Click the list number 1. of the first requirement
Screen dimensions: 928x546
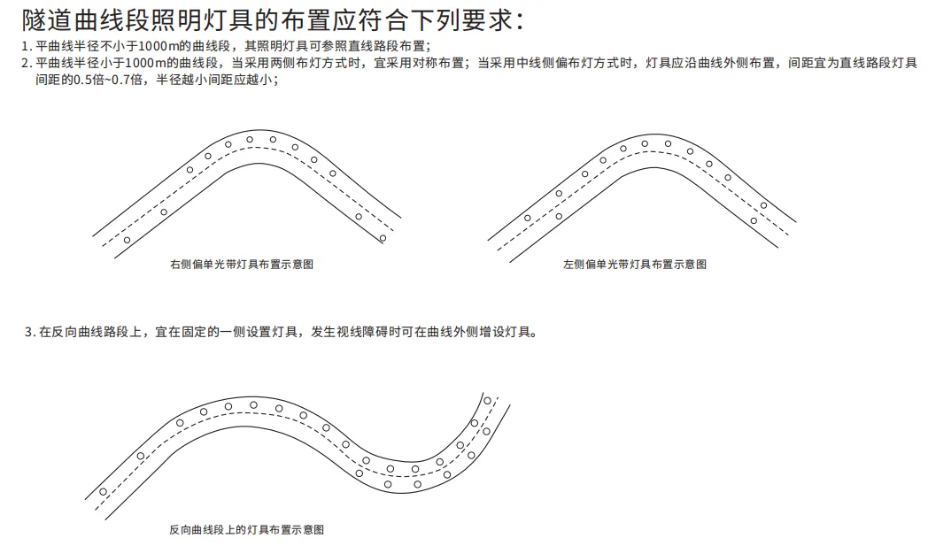[x=27, y=46]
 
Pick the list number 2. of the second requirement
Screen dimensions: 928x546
[x=27, y=63]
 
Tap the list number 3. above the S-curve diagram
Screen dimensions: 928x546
[x=30, y=333]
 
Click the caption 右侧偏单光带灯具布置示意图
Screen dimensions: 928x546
[x=241, y=265]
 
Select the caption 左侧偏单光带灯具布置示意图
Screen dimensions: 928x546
[x=635, y=265]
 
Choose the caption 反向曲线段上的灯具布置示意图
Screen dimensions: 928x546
[x=246, y=530]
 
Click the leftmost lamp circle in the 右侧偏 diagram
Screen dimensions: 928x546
[x=127, y=240]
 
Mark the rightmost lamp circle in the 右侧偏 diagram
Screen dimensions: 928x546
[x=383, y=238]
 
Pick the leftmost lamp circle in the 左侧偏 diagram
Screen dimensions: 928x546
[x=528, y=218]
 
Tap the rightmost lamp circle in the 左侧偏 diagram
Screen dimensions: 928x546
[x=763, y=205]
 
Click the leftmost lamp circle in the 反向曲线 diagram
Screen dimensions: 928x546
[x=104, y=491]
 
